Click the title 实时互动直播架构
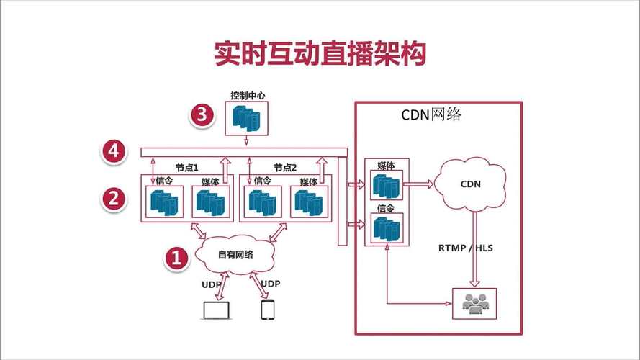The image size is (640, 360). [x=320, y=54]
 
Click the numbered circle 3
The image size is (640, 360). [x=202, y=115]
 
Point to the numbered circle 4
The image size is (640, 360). [x=113, y=152]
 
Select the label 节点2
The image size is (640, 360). [x=284, y=167]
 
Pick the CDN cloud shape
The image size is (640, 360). [x=470, y=184]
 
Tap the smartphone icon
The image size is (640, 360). [x=268, y=310]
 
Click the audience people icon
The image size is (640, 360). [x=474, y=303]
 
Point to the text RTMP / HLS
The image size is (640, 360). [x=466, y=248]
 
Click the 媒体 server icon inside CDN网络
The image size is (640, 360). [x=387, y=185]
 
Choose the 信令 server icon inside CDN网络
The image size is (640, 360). [x=387, y=228]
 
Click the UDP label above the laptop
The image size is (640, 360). [x=212, y=284]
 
